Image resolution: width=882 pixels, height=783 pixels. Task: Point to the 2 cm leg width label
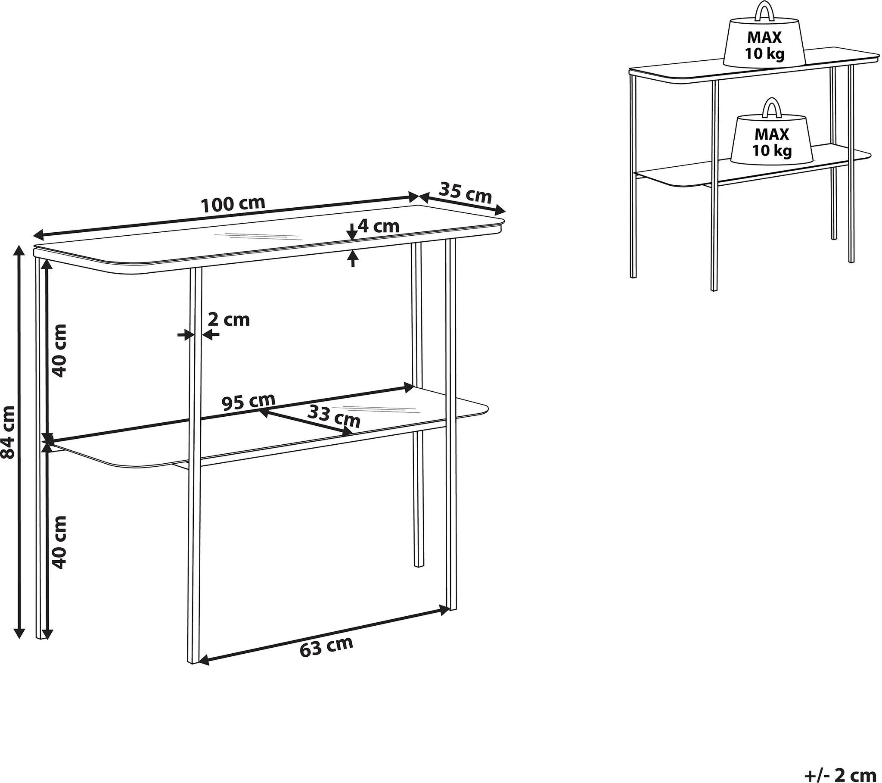pos(229,320)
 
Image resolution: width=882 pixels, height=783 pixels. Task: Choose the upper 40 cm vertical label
pos(59,351)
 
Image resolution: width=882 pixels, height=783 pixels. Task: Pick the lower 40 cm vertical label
pos(59,542)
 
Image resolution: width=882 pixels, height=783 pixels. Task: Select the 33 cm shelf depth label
pos(334,417)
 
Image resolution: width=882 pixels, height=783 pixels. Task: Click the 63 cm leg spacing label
pos(326,646)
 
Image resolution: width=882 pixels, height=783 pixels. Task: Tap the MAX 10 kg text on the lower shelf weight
pos(772,142)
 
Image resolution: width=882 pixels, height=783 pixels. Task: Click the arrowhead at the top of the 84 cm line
pos(19,252)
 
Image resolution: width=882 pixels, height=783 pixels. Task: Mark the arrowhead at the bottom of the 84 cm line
pos(19,633)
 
